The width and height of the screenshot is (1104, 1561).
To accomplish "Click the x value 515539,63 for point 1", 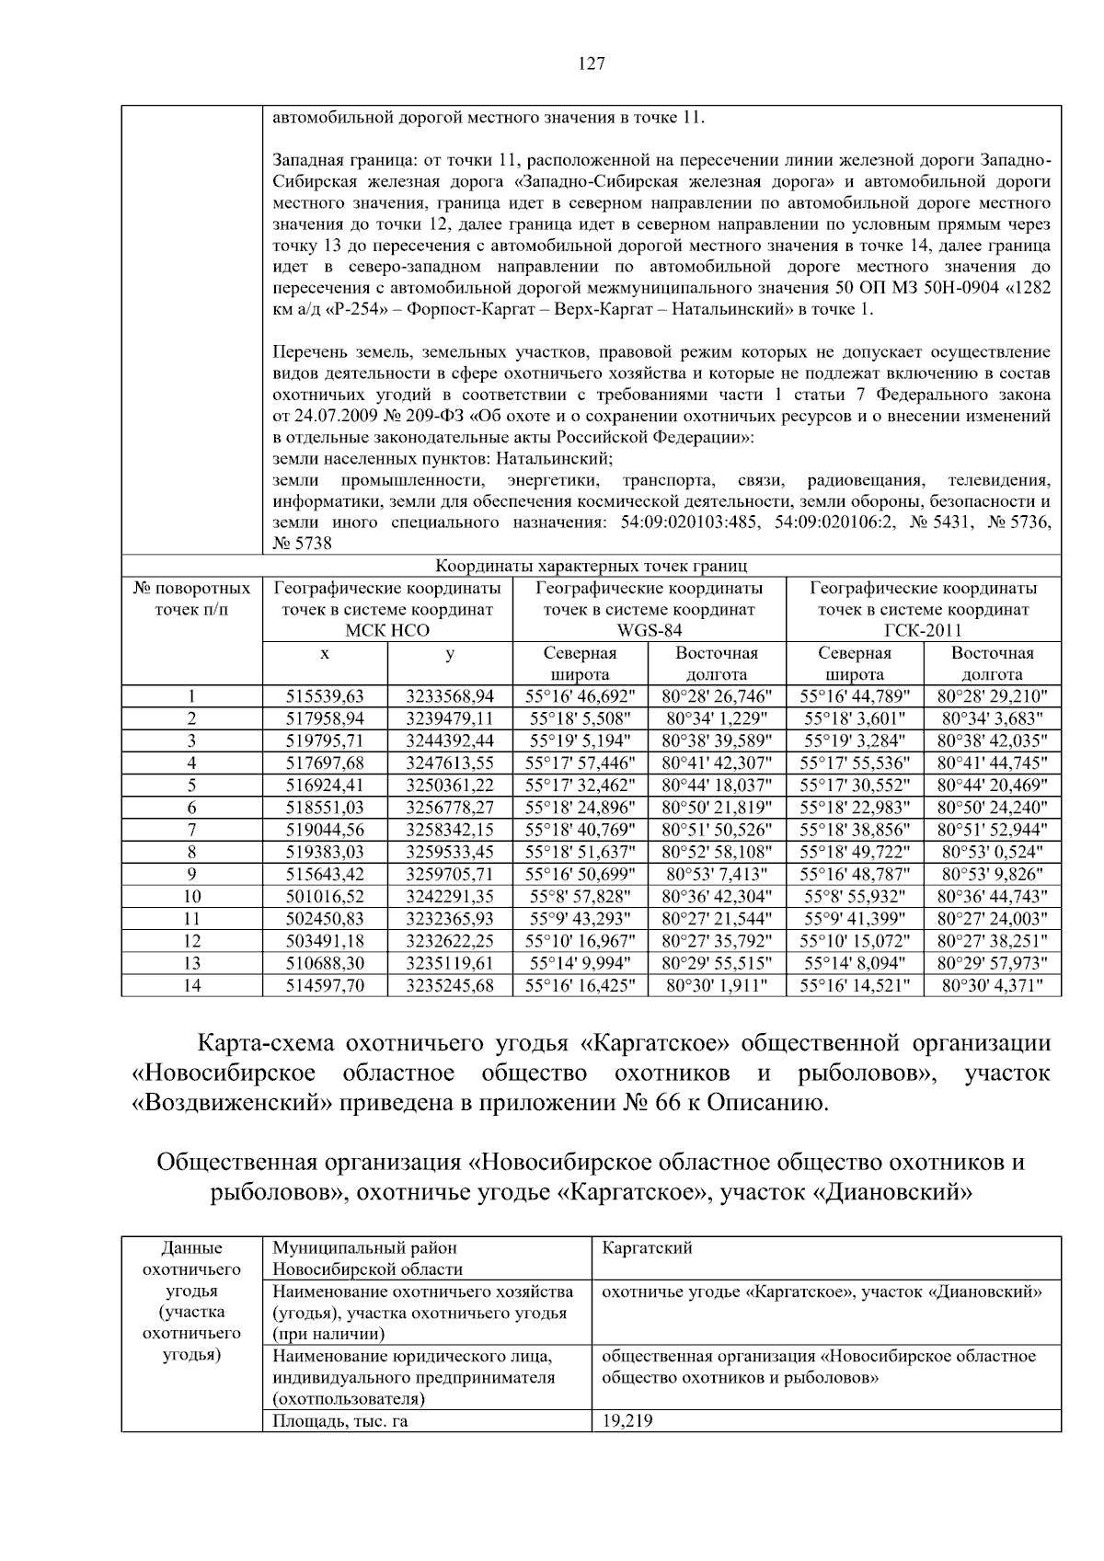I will (325, 696).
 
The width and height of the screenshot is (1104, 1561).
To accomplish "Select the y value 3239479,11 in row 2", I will (450, 718).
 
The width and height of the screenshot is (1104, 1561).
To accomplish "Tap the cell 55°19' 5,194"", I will (580, 740).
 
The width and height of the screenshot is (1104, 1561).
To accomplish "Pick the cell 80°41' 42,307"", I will (717, 763).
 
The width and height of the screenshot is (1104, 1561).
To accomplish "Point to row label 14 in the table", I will (191, 984).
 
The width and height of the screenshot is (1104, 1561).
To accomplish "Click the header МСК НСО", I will (387, 631).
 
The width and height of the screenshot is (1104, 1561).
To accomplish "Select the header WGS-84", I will (649, 631).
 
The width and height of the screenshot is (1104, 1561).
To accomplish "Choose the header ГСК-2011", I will (923, 631).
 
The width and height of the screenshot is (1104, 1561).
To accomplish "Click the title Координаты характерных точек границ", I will (591, 566).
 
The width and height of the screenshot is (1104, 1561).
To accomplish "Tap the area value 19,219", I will (627, 1421).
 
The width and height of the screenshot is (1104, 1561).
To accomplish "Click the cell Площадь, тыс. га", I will (339, 1421).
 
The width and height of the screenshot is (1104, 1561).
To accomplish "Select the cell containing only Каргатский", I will (647, 1248).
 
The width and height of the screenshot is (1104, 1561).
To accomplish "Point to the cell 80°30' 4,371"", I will (993, 984).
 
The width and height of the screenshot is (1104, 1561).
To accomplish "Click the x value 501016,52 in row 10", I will (325, 896).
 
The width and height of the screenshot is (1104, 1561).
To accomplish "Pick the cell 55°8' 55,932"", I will (855, 896).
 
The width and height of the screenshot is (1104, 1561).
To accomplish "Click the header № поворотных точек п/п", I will (191, 598).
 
